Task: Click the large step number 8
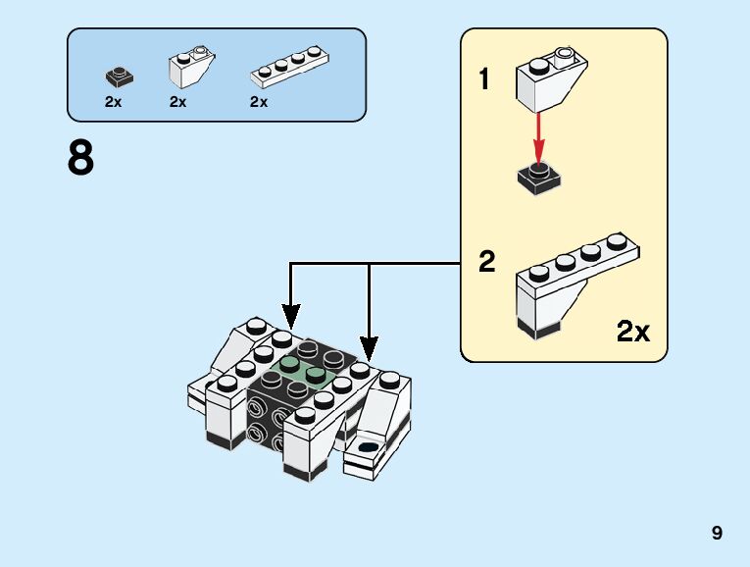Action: click(x=80, y=158)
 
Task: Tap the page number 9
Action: click(x=718, y=534)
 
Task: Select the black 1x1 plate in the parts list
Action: click(x=121, y=76)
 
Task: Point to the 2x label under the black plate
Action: click(x=114, y=102)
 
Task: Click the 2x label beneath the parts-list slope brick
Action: click(x=177, y=102)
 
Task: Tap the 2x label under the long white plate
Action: click(x=259, y=102)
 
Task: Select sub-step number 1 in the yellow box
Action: click(x=484, y=78)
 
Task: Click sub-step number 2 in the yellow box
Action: click(x=487, y=263)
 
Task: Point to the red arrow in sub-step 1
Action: click(x=538, y=136)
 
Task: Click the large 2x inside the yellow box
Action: click(x=633, y=332)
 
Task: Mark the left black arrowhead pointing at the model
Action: click(x=291, y=317)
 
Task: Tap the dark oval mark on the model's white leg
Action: click(x=369, y=447)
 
